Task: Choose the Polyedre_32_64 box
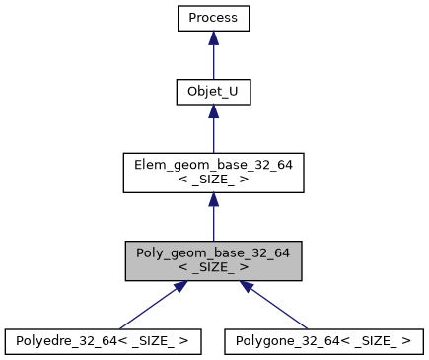[x=103, y=341]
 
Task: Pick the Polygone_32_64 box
[x=324, y=341]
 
